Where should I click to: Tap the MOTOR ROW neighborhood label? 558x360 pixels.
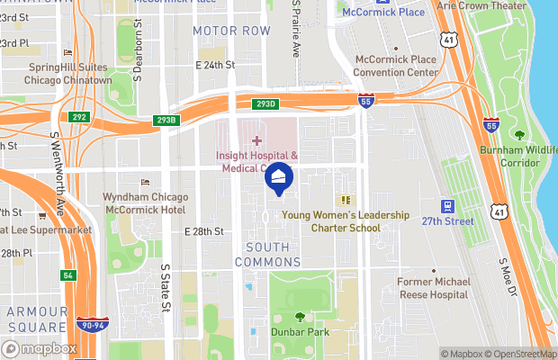click(231, 31)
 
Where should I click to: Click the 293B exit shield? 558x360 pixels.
click(167, 119)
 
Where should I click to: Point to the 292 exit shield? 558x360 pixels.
click(79, 116)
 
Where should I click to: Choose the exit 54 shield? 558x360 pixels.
click(67, 274)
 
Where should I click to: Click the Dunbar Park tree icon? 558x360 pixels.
click(301, 317)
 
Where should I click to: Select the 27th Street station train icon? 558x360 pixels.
click(447, 206)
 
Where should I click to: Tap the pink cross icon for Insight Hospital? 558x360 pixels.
click(256, 140)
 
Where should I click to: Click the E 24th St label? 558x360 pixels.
click(214, 65)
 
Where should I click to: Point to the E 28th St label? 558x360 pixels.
click(202, 231)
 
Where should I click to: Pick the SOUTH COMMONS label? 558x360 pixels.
click(267, 254)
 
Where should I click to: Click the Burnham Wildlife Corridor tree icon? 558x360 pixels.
click(518, 134)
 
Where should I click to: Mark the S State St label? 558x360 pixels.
click(166, 288)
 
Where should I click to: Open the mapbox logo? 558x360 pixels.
click(39, 348)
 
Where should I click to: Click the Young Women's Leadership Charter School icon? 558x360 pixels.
click(344, 200)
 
